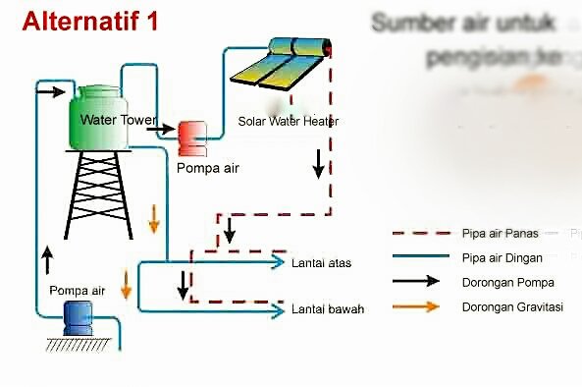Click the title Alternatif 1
click(89, 22)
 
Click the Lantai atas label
click(321, 263)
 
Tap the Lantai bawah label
click(327, 309)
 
